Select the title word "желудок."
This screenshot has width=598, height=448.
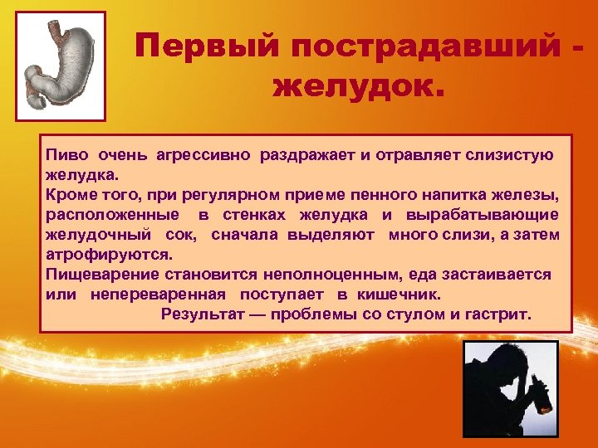point(358,85)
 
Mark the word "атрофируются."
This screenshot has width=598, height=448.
point(109,256)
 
